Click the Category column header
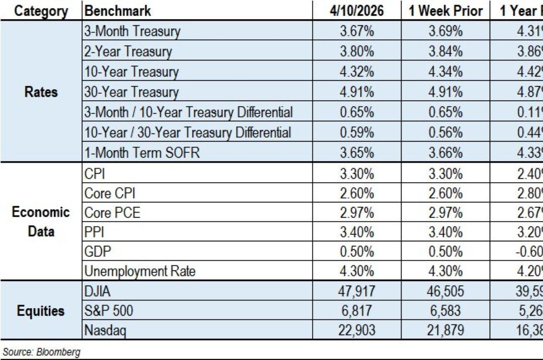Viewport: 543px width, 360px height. tap(41, 11)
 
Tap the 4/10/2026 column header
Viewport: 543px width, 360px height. tap(356, 11)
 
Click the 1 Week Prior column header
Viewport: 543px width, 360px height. tap(445, 11)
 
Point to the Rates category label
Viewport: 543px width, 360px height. tap(41, 92)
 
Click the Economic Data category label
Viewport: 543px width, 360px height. tap(41, 222)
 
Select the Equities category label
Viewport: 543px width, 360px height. tap(41, 311)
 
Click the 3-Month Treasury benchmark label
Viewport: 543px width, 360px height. tap(132, 31)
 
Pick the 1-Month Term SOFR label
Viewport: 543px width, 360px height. tap(142, 153)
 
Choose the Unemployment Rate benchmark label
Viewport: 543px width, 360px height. tap(140, 272)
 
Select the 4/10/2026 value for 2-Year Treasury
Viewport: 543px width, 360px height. tap(356, 51)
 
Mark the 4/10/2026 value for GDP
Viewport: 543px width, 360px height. tap(356, 252)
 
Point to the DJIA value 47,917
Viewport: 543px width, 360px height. tap(356, 292)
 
